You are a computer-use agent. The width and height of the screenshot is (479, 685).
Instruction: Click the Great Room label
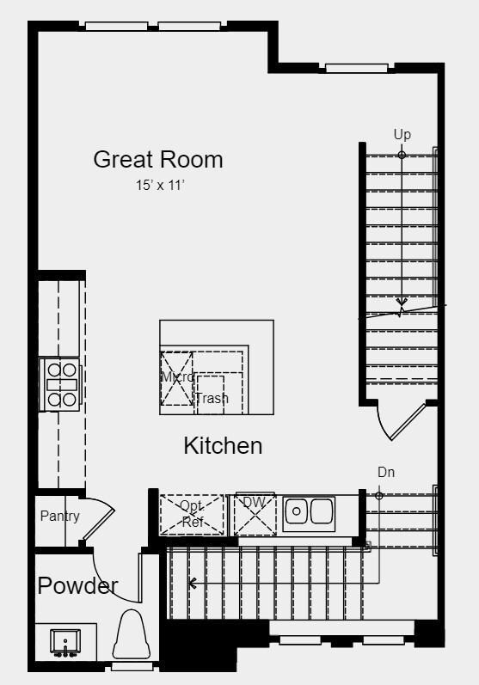coord(157,159)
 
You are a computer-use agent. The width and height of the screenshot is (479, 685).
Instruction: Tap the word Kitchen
coord(223,446)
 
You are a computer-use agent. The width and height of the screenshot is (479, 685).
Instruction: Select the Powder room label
coord(77,586)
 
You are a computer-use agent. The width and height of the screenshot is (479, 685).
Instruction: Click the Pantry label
coord(59,516)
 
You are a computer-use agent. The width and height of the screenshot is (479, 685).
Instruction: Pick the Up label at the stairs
coord(402,134)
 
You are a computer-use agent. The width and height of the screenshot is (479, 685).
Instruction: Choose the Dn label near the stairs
coord(386,472)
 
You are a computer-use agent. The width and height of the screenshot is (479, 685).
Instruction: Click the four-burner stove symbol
coord(62,383)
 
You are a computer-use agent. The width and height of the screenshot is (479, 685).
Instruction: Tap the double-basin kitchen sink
coord(309,512)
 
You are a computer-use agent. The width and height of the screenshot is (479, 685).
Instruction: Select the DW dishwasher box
coord(255,514)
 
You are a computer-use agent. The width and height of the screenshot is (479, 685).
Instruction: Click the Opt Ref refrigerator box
coord(192,514)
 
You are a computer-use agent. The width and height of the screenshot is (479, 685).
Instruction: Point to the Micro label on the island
coord(177,376)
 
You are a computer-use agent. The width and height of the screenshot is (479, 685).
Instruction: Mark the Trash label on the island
coord(212,399)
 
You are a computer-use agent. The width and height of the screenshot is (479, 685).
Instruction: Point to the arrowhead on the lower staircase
coord(193,583)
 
